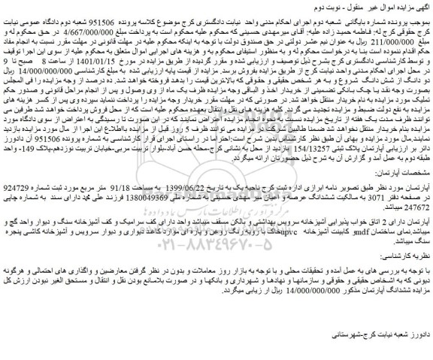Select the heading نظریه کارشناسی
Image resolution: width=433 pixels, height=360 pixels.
(398, 274)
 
